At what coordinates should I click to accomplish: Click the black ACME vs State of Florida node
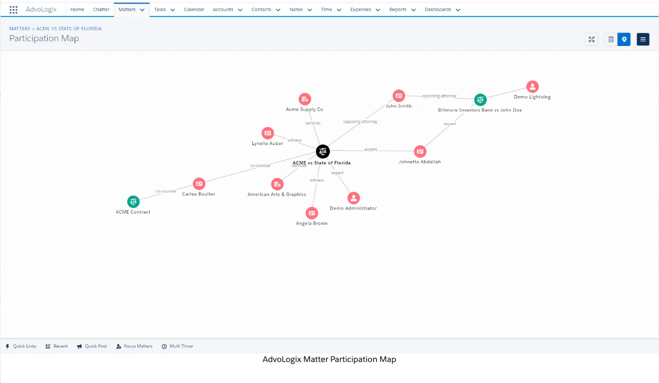(x=322, y=151)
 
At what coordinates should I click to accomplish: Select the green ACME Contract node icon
(x=133, y=202)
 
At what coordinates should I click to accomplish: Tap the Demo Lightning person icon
(x=532, y=86)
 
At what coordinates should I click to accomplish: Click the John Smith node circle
(x=399, y=96)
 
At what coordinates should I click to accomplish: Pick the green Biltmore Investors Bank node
(x=480, y=100)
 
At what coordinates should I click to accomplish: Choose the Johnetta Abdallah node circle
(x=420, y=151)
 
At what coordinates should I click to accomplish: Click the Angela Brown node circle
(x=312, y=213)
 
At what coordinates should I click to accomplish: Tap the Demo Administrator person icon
(x=354, y=198)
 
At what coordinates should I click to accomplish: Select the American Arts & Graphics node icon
(x=277, y=184)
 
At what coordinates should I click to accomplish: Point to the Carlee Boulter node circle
(x=199, y=184)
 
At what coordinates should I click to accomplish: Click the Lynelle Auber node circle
(x=268, y=133)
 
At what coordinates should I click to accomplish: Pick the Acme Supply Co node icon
(x=305, y=99)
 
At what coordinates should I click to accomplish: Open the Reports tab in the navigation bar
(x=398, y=9)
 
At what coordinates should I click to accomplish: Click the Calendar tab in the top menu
(x=194, y=9)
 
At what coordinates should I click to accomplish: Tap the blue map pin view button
(x=624, y=39)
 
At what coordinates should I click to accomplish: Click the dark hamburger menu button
(x=643, y=39)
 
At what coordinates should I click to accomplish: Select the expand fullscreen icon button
(x=591, y=39)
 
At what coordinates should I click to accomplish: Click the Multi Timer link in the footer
(x=177, y=346)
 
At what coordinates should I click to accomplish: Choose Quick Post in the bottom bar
(x=92, y=346)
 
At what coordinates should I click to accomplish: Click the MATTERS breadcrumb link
(x=20, y=28)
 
